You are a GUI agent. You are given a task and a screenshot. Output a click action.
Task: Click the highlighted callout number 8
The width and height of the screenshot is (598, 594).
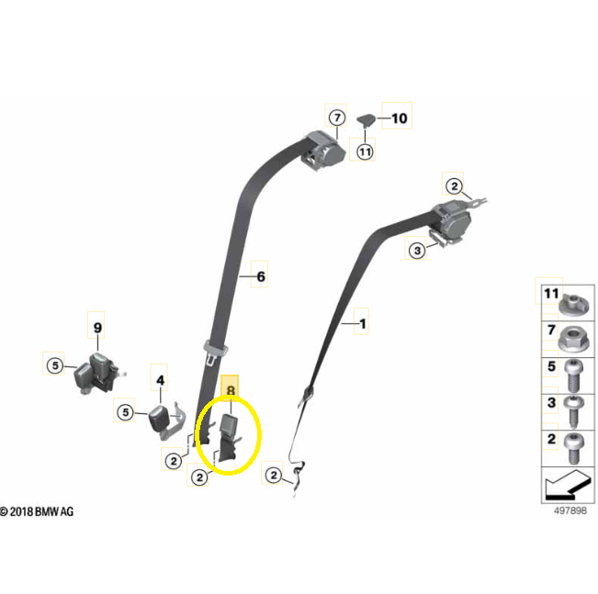pos(231,390)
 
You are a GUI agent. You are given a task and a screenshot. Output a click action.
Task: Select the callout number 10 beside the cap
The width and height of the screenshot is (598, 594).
pos(400,118)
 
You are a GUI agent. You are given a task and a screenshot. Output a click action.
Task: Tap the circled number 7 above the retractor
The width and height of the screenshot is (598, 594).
pos(337,118)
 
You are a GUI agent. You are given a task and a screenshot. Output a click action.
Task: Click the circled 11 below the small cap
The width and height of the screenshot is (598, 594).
pos(365,152)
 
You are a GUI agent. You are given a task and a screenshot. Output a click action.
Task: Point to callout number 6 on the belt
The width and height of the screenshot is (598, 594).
pos(261,276)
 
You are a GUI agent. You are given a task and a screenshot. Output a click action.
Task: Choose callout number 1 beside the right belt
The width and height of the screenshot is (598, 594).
pos(363,324)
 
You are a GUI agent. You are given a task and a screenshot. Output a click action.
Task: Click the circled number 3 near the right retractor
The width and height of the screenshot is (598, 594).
pos(417,251)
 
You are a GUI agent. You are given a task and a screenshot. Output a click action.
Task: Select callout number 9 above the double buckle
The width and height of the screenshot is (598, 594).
pos(97,328)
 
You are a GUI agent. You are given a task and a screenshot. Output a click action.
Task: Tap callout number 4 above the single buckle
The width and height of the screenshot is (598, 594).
pos(160,380)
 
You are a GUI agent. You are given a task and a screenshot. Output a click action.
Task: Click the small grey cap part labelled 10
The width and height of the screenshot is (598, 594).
pos(367,119)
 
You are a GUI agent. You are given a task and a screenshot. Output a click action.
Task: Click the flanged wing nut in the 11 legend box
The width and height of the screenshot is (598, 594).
pos(573,304)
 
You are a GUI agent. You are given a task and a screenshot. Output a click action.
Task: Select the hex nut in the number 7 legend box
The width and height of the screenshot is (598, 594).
pos(573,339)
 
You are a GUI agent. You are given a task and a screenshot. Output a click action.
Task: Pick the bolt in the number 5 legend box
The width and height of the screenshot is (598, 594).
pos(573,375)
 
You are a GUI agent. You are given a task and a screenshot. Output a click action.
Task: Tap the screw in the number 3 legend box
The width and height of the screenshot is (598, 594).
pos(573,412)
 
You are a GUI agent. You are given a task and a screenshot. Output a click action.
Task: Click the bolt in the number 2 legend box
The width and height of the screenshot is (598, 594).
pos(573,448)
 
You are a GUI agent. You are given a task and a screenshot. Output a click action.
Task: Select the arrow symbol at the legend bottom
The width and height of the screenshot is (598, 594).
pos(568,486)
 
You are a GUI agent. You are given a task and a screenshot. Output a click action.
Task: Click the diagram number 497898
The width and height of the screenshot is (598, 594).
pos(570,510)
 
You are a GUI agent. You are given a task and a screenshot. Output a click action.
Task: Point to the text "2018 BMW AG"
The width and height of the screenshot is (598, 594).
pos(41,511)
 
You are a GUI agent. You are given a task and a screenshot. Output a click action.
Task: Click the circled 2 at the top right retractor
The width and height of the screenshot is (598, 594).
pos(454,186)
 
